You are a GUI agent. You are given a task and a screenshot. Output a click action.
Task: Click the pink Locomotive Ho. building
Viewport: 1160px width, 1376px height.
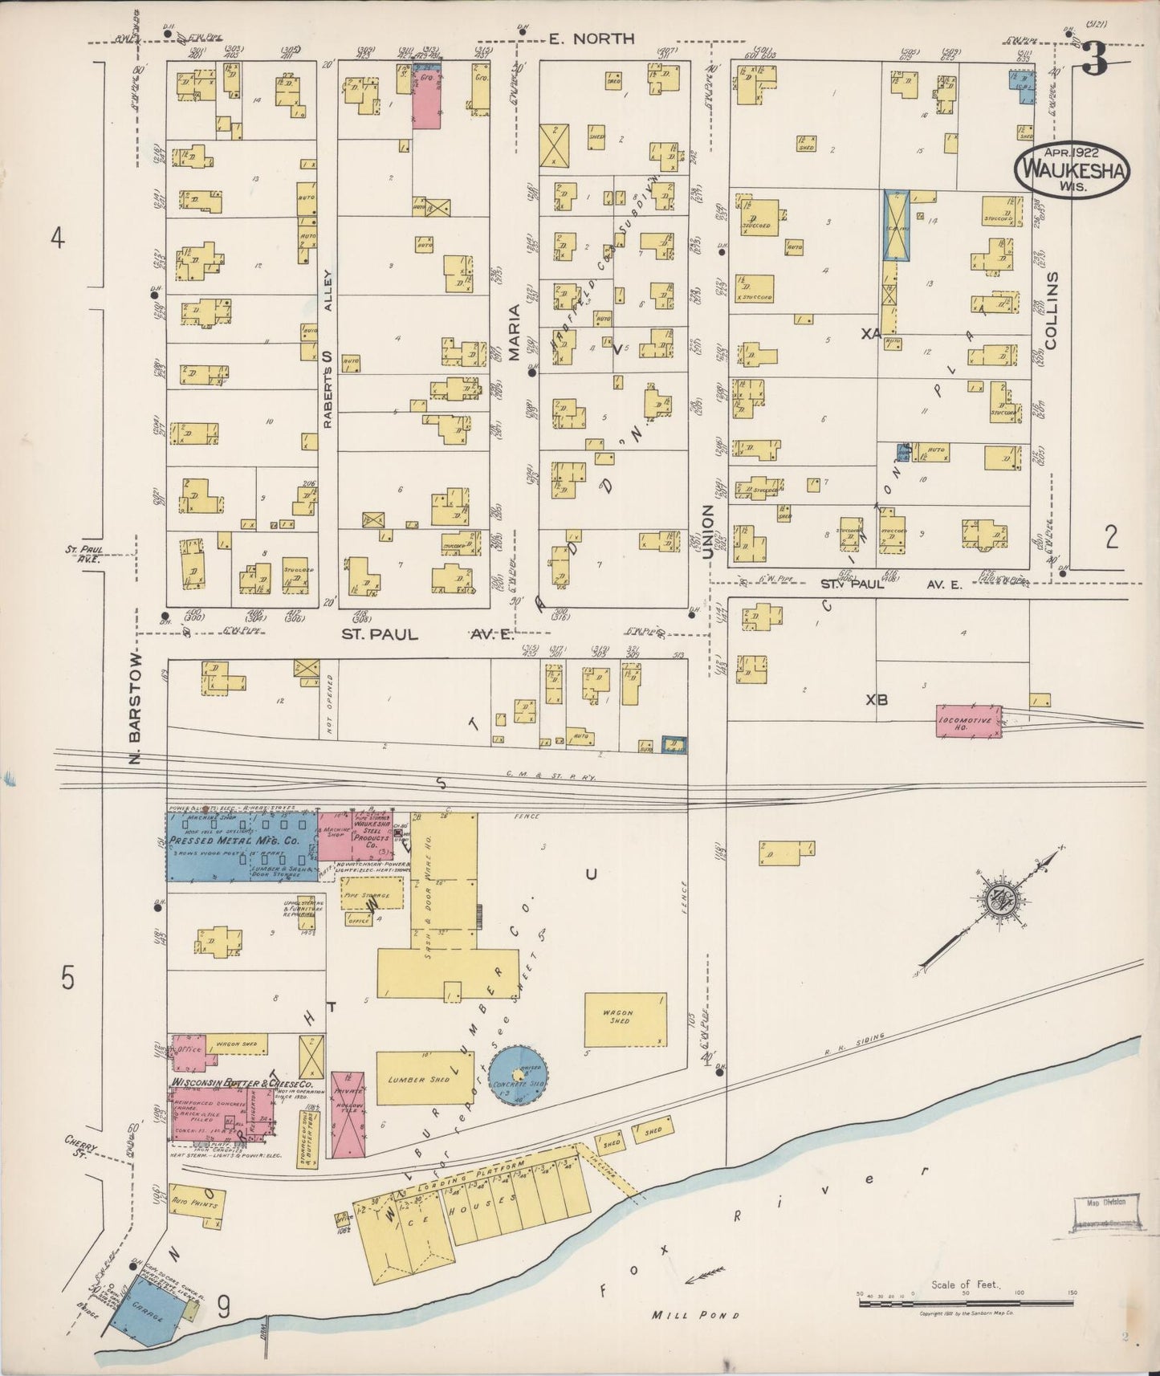pyautogui.click(x=969, y=721)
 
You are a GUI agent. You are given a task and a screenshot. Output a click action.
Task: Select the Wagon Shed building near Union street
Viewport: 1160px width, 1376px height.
pyautogui.click(x=625, y=1020)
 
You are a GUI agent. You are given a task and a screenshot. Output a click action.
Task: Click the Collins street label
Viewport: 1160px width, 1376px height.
pyautogui.click(x=1052, y=309)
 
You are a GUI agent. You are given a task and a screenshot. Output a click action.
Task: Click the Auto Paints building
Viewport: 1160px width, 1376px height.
pyautogui.click(x=197, y=1205)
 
